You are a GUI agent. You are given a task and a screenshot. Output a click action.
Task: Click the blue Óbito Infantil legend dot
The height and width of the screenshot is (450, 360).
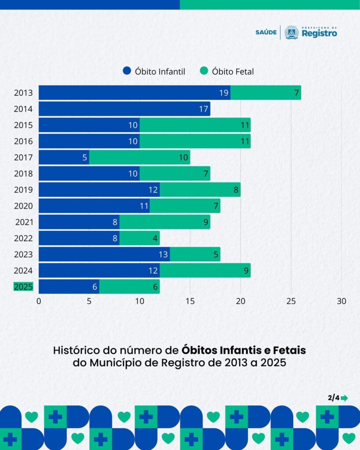pyautogui.click(x=127, y=71)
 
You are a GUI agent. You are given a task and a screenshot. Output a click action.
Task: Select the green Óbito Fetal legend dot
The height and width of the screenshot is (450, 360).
pyautogui.click(x=204, y=71)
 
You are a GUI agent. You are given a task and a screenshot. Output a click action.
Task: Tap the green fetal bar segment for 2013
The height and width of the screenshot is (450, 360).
pyautogui.click(x=265, y=93)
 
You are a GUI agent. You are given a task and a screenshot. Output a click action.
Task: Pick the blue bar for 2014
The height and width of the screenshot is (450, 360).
pyautogui.click(x=124, y=109)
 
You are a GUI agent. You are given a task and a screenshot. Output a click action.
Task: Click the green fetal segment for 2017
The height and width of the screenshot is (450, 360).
pyautogui.click(x=139, y=157)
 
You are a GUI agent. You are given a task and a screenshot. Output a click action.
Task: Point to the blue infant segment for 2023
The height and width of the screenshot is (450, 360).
pyautogui.click(x=104, y=254)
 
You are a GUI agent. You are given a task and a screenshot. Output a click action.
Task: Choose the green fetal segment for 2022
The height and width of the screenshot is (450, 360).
pyautogui.click(x=139, y=238)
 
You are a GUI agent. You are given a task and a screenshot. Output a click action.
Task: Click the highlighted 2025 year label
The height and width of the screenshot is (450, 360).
pyautogui.click(x=23, y=287)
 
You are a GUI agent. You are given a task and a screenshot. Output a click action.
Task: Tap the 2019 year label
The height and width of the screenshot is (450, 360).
pyautogui.click(x=23, y=190)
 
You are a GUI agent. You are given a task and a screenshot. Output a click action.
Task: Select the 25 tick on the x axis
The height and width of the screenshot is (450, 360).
pyautogui.click(x=291, y=301)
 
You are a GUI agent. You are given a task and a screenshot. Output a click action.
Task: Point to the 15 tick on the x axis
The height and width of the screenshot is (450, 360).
pyautogui.click(x=190, y=301)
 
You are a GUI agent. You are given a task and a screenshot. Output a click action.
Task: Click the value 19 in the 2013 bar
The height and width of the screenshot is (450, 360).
pyautogui.click(x=224, y=93)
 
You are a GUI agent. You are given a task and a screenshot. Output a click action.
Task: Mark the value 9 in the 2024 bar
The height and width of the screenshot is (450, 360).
pyautogui.click(x=246, y=271)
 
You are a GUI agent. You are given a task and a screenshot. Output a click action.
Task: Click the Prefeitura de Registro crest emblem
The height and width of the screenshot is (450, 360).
pyautogui.click(x=291, y=32)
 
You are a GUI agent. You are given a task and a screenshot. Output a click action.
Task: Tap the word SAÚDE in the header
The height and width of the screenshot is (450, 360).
pyautogui.click(x=266, y=33)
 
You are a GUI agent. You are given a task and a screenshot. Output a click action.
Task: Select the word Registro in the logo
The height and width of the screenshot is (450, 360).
pyautogui.click(x=320, y=33)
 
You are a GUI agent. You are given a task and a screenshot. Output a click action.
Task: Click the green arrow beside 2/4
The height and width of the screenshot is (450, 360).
pyautogui.click(x=344, y=398)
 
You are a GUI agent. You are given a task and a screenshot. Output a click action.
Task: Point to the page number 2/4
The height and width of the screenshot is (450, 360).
pyautogui.click(x=333, y=398)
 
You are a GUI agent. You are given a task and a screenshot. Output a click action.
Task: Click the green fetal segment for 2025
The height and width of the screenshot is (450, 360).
pyautogui.click(x=129, y=287)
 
